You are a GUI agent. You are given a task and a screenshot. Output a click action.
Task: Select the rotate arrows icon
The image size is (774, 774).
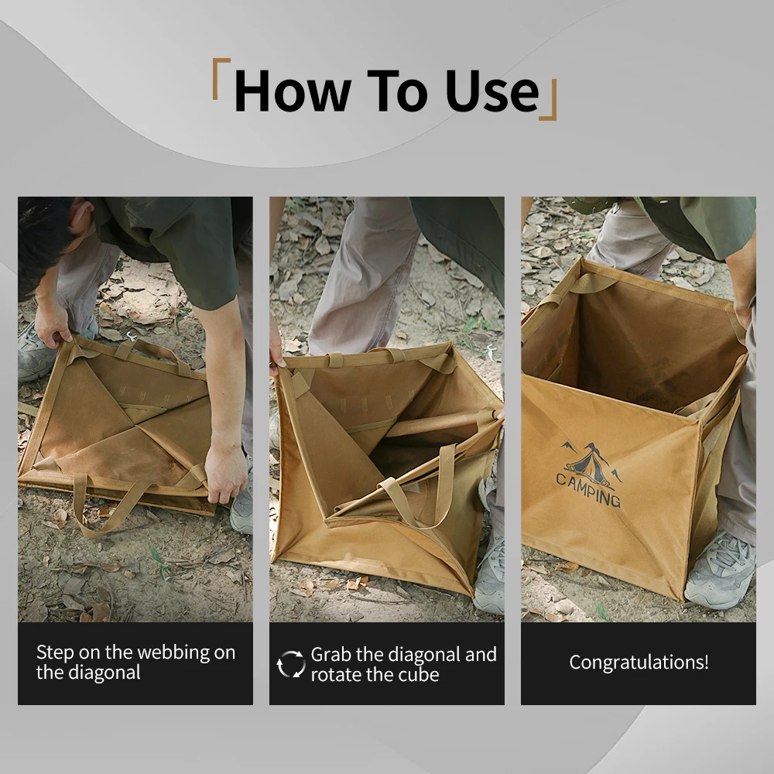point(291,664)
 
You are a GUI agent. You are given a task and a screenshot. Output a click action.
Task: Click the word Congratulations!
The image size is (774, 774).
point(639,663)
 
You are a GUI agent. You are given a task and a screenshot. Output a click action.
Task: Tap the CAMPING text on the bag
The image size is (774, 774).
point(588,490)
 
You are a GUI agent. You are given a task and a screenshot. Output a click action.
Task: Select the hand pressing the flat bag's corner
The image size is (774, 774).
point(225,473)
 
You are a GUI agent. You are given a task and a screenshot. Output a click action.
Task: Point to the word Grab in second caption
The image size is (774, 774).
point(331,655)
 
